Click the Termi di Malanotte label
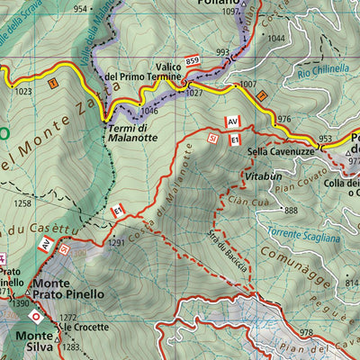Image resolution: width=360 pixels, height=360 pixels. click(133, 133)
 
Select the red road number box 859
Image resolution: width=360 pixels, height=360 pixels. click(192, 61)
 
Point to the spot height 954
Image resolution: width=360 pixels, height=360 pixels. click(81, 9)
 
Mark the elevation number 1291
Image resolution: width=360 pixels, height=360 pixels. click(116, 242)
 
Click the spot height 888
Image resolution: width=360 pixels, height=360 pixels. click(290, 211)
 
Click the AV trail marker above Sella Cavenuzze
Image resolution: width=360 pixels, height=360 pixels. click(232, 121)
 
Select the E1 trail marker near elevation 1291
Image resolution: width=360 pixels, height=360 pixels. click(117, 211)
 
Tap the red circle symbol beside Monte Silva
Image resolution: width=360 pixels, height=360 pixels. click(36, 317)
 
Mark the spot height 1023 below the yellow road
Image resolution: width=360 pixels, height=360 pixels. click(24, 91)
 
